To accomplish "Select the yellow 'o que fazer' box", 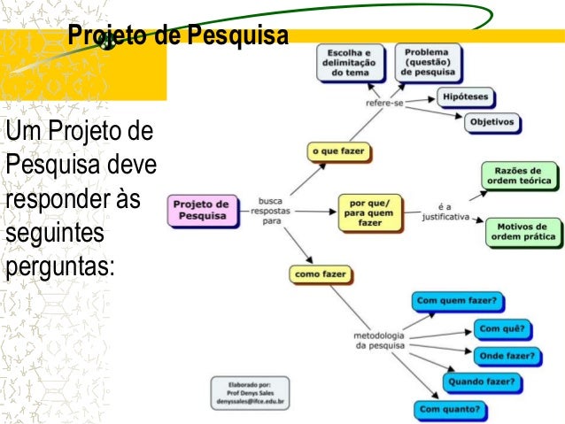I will click(337, 151).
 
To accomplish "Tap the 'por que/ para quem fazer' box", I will click(370, 213).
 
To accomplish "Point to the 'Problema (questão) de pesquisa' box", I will click(428, 60).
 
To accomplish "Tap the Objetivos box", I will click(494, 122).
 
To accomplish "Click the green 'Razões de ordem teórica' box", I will click(519, 175).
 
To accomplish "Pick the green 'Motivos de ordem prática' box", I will click(522, 231).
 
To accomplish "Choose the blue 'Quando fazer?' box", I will click(482, 382).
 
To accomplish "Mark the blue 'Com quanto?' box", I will click(450, 410).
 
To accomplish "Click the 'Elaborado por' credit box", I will click(250, 391).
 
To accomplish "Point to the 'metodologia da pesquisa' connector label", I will click(380, 341).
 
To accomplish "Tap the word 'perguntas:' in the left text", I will click(60, 265).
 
